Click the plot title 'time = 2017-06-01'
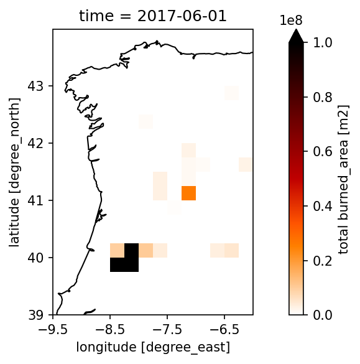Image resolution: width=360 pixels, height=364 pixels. coord(152,16)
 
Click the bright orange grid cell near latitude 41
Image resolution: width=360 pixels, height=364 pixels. coord(188,193)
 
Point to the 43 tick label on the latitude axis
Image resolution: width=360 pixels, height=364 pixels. coord(35,86)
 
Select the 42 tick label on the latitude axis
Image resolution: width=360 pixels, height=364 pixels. coord(35,143)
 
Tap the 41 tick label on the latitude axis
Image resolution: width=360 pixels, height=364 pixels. coord(35,200)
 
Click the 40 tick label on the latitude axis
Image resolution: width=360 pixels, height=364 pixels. coord(35,258)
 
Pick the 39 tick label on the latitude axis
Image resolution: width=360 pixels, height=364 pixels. coord(35,315)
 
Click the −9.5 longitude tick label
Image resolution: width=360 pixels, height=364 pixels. coord(53,329)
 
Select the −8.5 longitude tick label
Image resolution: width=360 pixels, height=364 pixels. coord(110,329)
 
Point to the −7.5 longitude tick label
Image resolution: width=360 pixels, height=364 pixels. coord(167,329)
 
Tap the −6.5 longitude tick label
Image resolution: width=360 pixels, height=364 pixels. coord(224,329)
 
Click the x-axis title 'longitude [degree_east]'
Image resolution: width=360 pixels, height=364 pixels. coord(153,347)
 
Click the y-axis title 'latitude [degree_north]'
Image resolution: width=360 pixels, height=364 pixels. coord(14,172)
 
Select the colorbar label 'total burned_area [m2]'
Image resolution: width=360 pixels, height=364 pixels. coord(344,179)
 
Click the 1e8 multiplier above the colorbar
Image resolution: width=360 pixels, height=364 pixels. coord(291,21)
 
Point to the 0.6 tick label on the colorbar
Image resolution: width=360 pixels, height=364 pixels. coord(323,152)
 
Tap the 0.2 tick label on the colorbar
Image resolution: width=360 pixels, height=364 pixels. coord(323,261)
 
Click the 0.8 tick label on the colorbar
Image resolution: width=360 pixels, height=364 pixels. coord(323,97)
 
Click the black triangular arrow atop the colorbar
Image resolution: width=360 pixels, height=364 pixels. coord(296,37)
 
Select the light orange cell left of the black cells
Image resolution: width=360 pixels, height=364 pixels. coord(117,251)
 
